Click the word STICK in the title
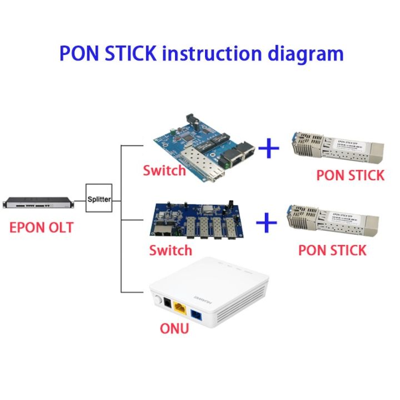click(x=128, y=53)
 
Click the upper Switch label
click(x=164, y=170)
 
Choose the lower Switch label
click(x=171, y=250)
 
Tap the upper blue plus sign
click(x=269, y=148)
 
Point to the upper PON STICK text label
click(x=350, y=175)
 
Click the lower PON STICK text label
click(x=332, y=250)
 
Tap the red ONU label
click(x=174, y=328)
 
